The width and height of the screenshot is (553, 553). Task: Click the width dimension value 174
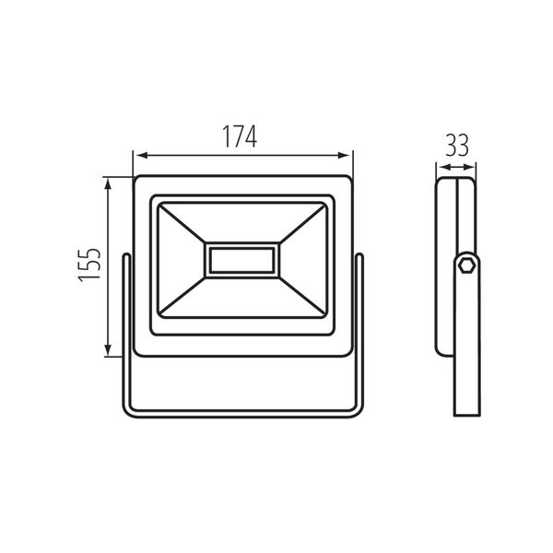click(x=239, y=135)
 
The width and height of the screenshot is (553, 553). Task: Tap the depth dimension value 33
click(x=456, y=146)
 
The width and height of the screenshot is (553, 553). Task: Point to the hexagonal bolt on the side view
click(x=466, y=265)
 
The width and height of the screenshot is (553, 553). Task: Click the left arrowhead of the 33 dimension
click(x=441, y=168)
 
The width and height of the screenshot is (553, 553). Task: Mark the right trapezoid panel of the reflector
click(x=302, y=260)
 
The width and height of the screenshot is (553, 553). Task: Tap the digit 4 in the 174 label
click(x=252, y=135)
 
